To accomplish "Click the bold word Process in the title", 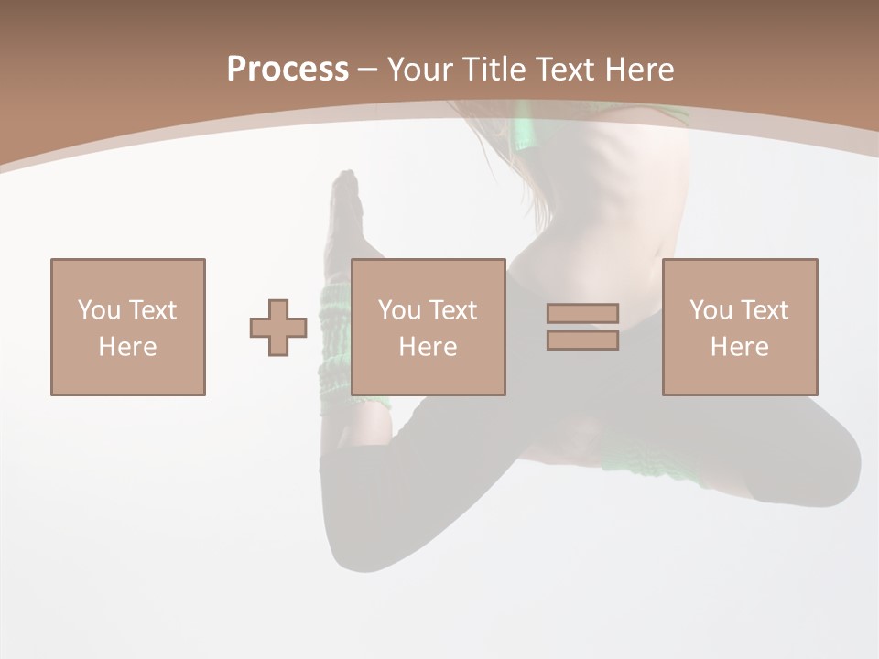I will click(x=288, y=70).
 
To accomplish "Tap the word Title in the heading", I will click(x=494, y=70).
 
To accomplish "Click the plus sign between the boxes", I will click(x=278, y=328).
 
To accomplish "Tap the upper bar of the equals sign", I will click(x=582, y=313).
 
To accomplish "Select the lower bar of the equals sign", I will click(x=582, y=340).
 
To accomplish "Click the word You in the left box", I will click(x=98, y=310).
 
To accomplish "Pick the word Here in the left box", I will click(x=127, y=347).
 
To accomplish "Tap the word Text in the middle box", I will click(x=452, y=310).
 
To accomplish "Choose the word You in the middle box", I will click(x=399, y=310).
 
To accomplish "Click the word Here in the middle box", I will click(x=428, y=347).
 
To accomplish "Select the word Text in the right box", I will click(x=764, y=310).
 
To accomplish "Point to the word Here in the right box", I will click(x=739, y=347).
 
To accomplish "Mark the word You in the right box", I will click(x=711, y=310).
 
